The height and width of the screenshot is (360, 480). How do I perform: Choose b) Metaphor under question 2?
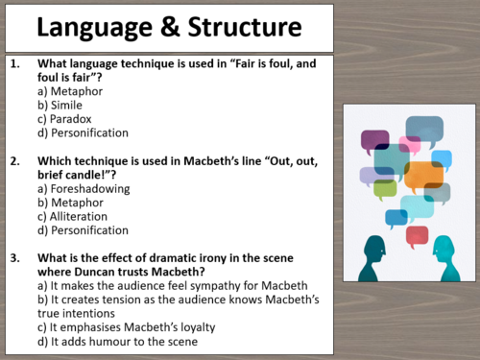pos(77,203)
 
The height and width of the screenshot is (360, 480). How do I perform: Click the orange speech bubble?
pos(421,175)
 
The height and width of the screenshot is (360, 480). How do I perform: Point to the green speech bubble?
pos(385,187)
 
